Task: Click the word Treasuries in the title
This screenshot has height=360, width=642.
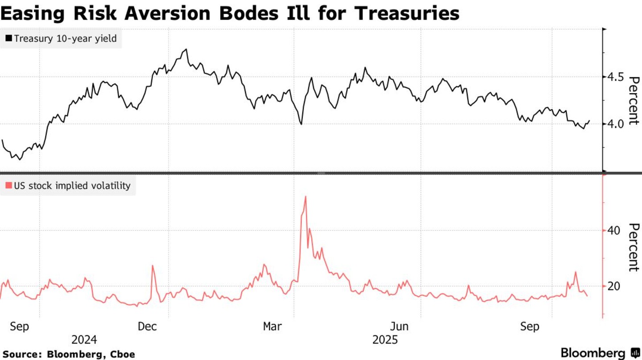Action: click(407, 13)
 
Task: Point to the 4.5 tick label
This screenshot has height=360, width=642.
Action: click(616, 77)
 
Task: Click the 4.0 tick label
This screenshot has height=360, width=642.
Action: click(616, 124)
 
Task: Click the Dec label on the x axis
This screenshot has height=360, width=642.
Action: click(147, 327)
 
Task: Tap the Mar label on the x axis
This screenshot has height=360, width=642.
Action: click(272, 327)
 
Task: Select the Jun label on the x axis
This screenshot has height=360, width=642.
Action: click(399, 327)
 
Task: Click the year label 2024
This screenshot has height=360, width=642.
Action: click(84, 340)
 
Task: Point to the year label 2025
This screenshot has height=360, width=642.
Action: click(385, 340)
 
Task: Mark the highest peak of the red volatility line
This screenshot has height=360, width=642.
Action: click(305, 196)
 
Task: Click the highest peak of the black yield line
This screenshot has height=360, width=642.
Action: click(186, 49)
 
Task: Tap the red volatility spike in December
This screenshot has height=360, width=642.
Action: click(152, 266)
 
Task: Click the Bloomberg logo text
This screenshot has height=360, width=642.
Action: click(593, 353)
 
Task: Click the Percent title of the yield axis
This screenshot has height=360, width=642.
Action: click(634, 100)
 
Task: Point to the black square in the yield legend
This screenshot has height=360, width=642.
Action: click(8, 39)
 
